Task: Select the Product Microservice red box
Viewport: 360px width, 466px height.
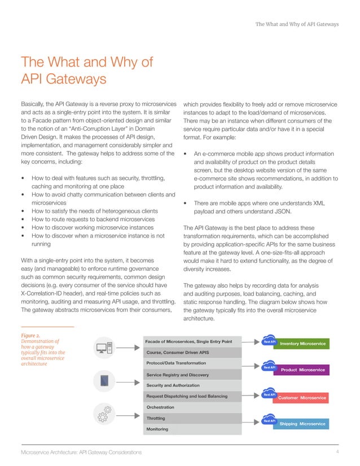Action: click(303, 370)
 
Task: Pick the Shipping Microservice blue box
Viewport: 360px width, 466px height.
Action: click(303, 423)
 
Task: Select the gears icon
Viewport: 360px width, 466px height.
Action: click(105, 414)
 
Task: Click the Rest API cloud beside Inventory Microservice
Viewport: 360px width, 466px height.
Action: click(269, 341)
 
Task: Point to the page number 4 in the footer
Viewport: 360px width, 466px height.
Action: click(336, 452)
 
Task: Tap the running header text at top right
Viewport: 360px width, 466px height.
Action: click(297, 24)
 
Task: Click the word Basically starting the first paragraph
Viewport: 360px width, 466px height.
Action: click(36, 104)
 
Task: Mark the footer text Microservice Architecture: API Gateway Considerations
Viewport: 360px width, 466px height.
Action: click(81, 453)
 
